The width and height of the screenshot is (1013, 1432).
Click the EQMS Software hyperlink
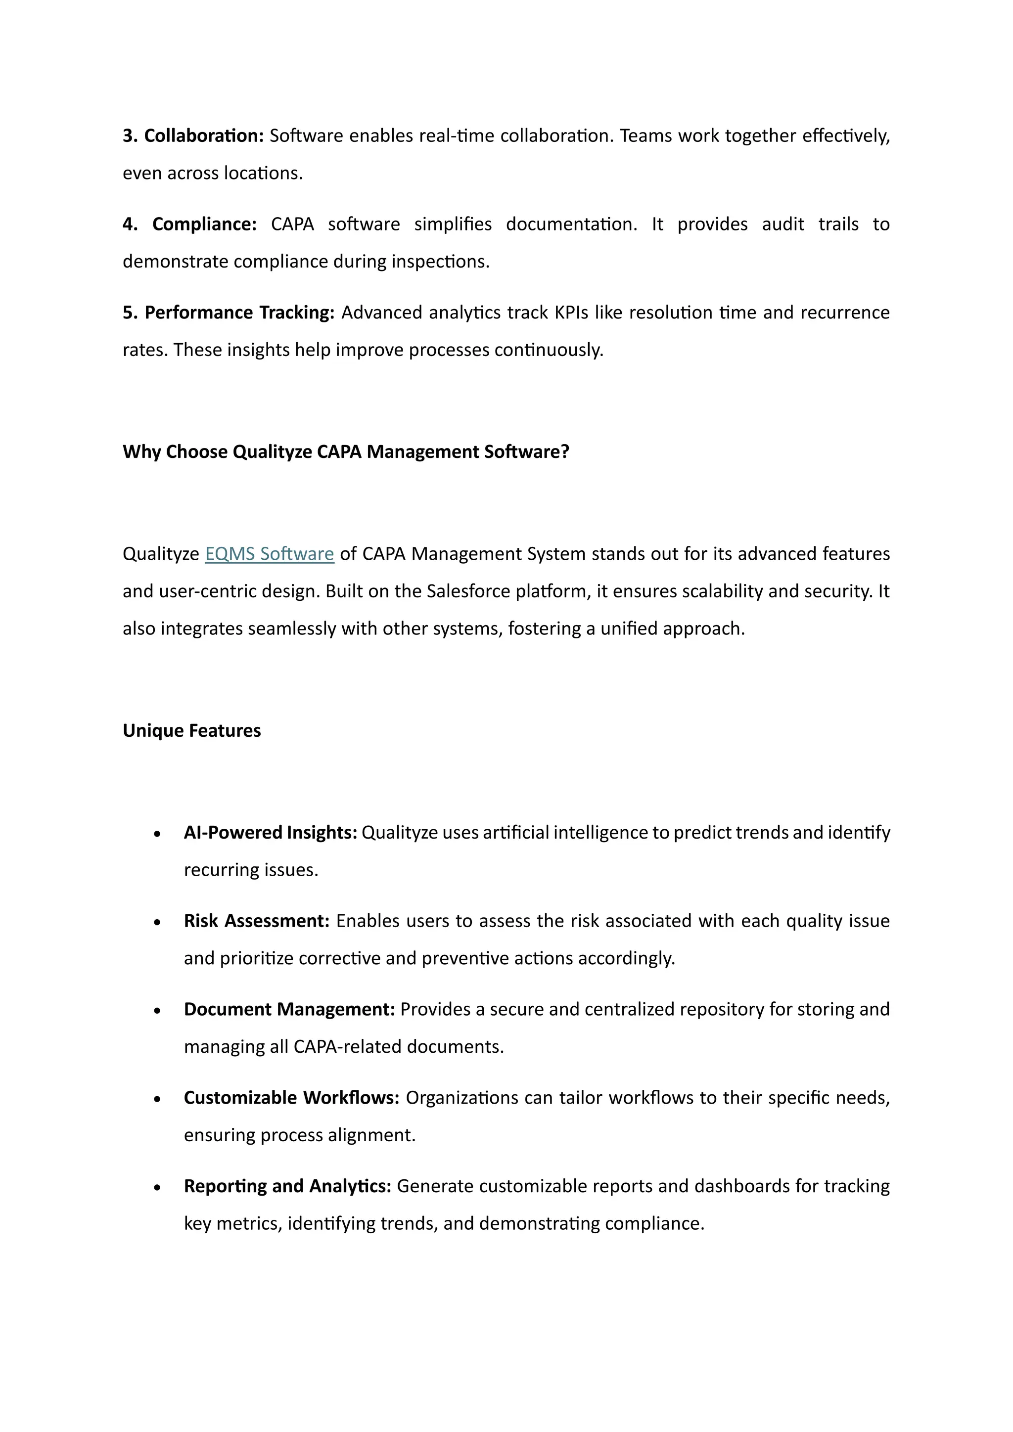270,554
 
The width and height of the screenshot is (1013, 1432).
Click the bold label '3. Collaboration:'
193,136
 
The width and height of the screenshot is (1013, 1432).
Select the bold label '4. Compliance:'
189,224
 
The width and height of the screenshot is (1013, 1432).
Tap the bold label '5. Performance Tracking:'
229,313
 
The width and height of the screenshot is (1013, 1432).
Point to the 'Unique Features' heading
191,730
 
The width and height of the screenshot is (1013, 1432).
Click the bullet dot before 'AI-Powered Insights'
158,834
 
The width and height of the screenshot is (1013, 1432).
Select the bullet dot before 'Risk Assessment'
158,922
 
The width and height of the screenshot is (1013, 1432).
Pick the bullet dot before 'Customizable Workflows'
158,1099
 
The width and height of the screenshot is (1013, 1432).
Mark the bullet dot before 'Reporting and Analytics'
158,1188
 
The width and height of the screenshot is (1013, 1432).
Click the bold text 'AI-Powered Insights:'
270,833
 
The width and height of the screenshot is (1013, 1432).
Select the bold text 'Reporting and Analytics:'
287,1186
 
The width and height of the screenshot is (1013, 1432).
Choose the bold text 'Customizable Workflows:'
291,1098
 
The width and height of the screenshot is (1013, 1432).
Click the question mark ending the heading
565,451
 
